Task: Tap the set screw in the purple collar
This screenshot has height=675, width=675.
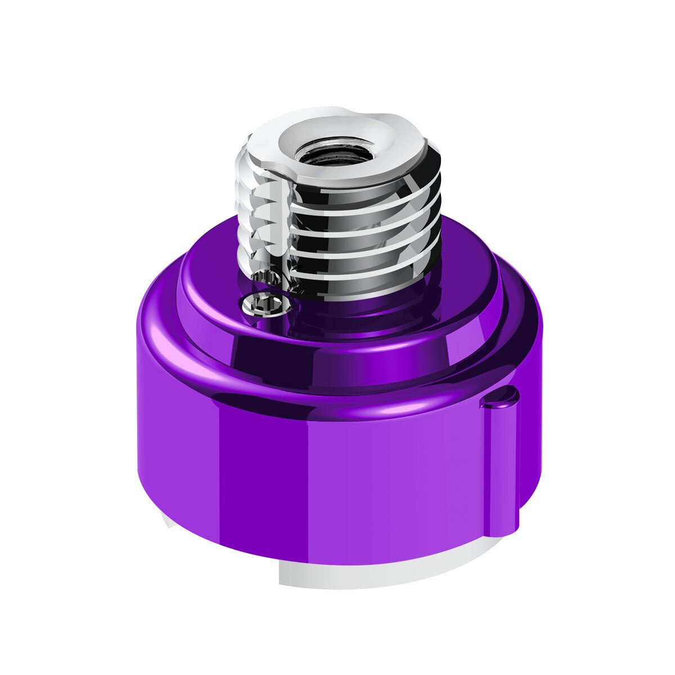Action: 264,304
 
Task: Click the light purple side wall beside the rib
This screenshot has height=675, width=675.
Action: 439,478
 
